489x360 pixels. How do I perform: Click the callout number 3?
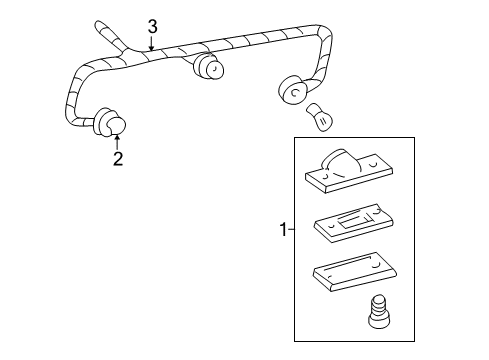coord(152,27)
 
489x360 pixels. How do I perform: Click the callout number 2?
coord(118,159)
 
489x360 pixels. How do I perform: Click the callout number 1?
coord(283,230)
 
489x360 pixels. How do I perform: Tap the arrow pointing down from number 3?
coord(151,43)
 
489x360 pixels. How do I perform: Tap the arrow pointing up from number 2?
coord(117,142)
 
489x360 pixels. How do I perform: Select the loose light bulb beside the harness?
coord(321,117)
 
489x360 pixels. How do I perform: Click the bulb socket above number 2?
coord(110,122)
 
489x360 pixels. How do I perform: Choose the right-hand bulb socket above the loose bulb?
coord(292,90)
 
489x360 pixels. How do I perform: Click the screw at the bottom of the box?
coord(379,311)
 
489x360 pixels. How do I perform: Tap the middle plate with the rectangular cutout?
coord(354,223)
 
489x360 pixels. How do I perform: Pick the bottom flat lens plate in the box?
coord(355,272)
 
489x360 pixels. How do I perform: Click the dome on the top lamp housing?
coord(340,160)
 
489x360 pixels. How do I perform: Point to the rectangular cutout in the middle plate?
coord(354,220)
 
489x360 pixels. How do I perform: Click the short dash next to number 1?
coord(291,229)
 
